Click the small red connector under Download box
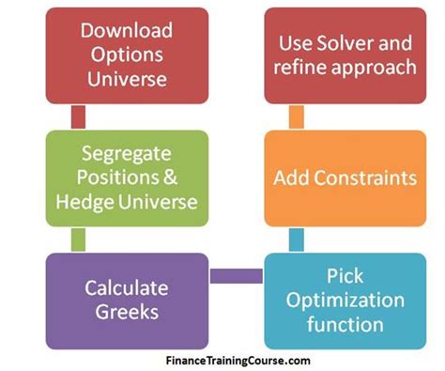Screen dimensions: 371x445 (x=78, y=116)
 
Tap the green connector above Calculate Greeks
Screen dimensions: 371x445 (x=78, y=239)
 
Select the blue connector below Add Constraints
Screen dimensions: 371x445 (x=296, y=239)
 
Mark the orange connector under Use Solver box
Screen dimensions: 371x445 (x=296, y=116)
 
